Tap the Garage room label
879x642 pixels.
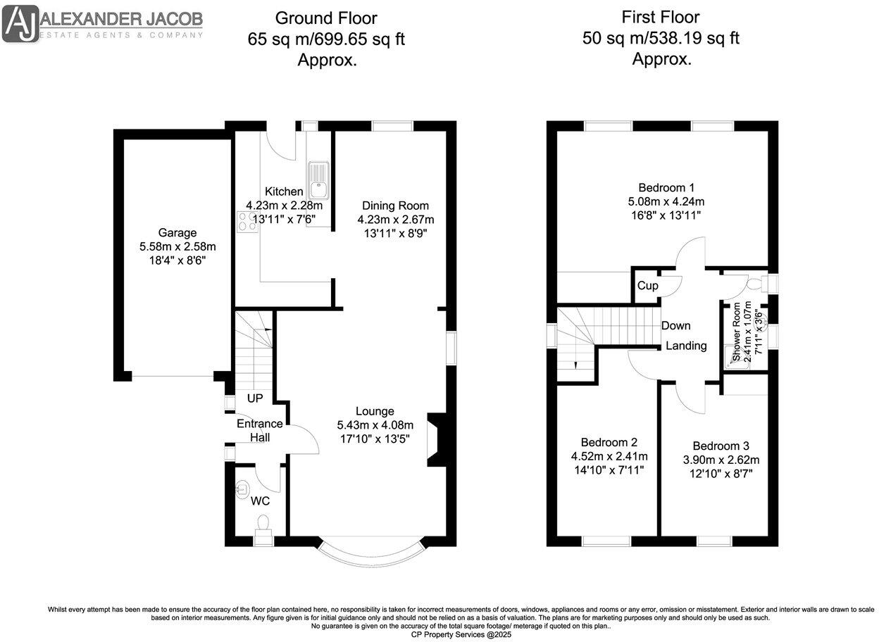[x=177, y=233]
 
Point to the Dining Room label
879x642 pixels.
[x=395, y=206]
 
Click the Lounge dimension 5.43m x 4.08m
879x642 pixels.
[x=375, y=425]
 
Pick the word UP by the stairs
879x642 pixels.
[x=254, y=398]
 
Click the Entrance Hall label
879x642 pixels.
[x=259, y=430]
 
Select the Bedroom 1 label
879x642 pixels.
[x=666, y=188]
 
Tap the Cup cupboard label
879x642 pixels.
[x=647, y=286]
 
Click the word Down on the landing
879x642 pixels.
[x=675, y=326]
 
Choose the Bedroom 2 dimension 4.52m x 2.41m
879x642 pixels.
[x=609, y=456]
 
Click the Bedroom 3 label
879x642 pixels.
[x=721, y=446]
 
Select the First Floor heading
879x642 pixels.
[x=661, y=17]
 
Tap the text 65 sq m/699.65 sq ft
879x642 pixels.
[x=326, y=39]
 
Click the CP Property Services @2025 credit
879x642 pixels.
[x=461, y=634]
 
